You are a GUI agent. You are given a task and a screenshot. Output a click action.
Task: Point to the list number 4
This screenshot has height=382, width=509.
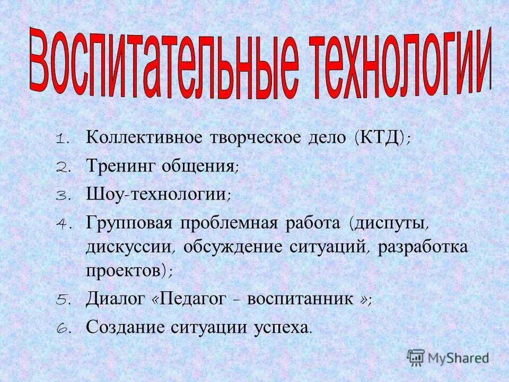[x=62, y=223]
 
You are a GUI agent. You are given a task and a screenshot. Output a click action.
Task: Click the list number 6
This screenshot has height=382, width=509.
[x=62, y=327]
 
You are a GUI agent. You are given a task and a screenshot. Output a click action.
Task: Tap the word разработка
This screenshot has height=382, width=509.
[x=423, y=248]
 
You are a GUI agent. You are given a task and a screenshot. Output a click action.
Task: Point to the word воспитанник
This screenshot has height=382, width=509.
[x=303, y=299]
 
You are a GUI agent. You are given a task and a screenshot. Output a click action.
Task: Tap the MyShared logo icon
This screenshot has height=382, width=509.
[x=417, y=357]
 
